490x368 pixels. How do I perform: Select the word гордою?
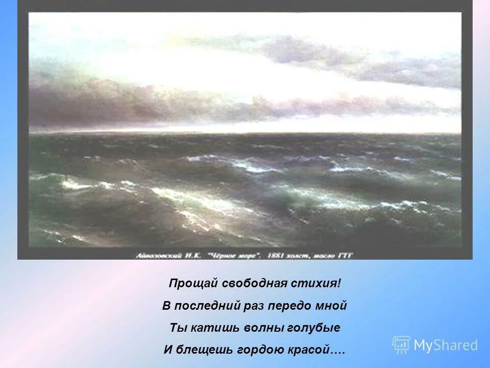point(259,350)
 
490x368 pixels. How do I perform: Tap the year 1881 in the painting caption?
point(279,256)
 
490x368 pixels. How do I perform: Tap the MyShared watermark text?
point(446,346)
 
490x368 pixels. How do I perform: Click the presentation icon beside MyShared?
point(401,345)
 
